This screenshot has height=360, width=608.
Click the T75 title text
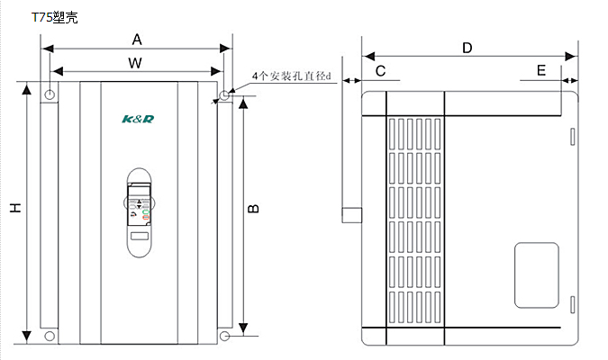(55, 17)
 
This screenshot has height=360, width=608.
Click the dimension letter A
(137, 40)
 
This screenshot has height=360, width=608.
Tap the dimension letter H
(15, 208)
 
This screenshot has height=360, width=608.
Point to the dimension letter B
(254, 208)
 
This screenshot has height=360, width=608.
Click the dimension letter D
(467, 48)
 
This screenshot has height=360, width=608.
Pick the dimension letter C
(380, 70)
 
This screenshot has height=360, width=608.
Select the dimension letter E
(540, 70)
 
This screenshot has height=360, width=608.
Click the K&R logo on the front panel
(138, 118)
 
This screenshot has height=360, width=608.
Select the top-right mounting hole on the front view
(224, 94)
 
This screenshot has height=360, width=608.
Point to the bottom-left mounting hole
(50, 336)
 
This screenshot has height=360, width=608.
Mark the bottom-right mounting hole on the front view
(224, 336)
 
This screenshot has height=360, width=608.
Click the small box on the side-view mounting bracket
(351, 216)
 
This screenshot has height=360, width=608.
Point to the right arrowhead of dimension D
(572, 57)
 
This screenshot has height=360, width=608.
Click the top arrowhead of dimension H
(27, 89)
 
